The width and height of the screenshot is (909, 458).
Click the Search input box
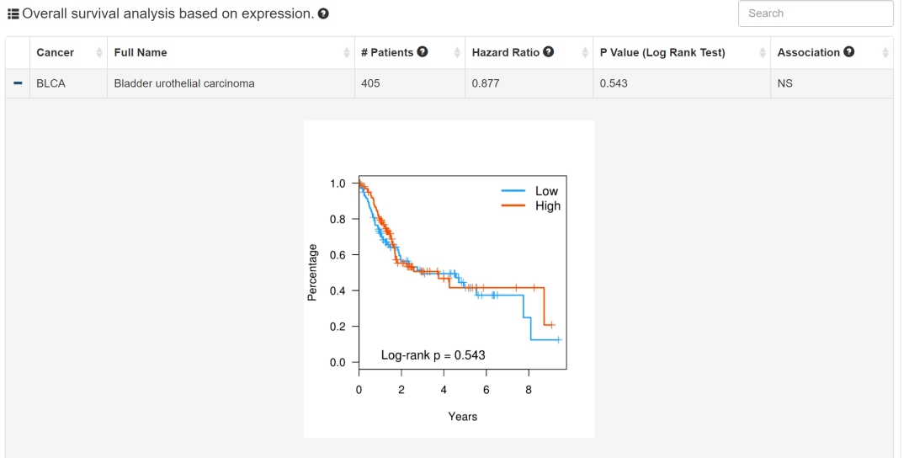[x=815, y=13]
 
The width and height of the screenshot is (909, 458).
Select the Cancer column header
[x=56, y=52]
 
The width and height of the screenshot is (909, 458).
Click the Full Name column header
[x=141, y=52]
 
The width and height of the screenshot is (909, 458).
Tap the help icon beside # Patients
[x=423, y=52]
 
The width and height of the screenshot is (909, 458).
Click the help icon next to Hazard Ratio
[x=549, y=52]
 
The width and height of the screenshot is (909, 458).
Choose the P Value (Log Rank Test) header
[x=662, y=52]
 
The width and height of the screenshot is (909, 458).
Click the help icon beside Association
[x=849, y=52]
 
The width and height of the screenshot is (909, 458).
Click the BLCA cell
[x=50, y=83]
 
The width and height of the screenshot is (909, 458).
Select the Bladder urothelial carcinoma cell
[x=184, y=83]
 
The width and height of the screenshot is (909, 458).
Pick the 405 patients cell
[x=370, y=83]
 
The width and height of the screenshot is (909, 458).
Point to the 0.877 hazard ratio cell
[x=486, y=83]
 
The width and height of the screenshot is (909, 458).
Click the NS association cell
[x=784, y=83]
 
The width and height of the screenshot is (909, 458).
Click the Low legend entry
[x=546, y=191]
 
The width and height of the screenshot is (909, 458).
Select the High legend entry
[x=547, y=205]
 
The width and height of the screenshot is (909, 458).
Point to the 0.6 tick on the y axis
[x=338, y=254]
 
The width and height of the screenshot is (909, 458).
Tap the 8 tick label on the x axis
[x=529, y=390]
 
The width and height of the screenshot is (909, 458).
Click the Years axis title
[x=463, y=416]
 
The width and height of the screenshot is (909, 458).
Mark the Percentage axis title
[x=312, y=272]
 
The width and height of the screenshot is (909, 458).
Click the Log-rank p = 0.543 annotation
[x=433, y=355]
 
